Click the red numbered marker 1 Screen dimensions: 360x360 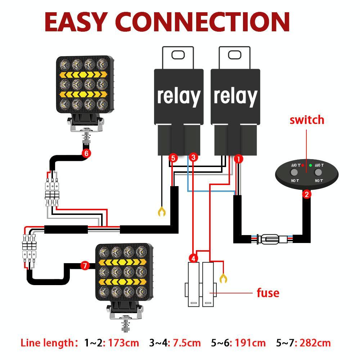pos(238,158)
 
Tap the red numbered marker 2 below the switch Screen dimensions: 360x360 pos(307,195)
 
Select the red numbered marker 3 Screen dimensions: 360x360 pos(193,157)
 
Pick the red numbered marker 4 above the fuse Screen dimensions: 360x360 pos(193,258)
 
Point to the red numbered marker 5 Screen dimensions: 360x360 pos(173,158)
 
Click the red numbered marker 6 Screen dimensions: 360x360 pos(86,153)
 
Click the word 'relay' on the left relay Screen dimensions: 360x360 pos(178,96)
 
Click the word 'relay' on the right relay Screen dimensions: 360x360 pos(235,96)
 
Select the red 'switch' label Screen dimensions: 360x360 pos(307,120)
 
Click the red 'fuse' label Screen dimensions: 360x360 pos(268,293)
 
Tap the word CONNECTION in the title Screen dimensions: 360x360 pos(204,22)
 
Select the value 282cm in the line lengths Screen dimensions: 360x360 pos(314,343)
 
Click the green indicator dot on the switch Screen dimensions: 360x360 pos(310,166)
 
